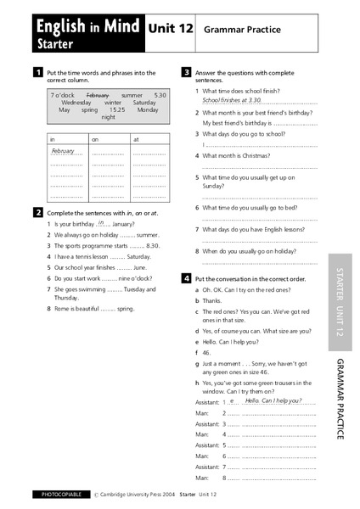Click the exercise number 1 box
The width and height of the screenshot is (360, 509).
(38, 73)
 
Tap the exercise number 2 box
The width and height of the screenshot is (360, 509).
(38, 211)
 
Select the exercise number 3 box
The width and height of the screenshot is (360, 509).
(186, 73)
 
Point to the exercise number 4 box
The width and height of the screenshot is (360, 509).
(186, 278)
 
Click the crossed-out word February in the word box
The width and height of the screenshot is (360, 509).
(98, 95)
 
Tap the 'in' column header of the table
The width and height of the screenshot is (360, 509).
(53, 138)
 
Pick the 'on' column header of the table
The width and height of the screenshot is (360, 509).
(95, 138)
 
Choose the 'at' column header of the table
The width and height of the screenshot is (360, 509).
(136, 138)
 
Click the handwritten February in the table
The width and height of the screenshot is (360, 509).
(64, 150)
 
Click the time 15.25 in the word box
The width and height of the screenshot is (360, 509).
(117, 110)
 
